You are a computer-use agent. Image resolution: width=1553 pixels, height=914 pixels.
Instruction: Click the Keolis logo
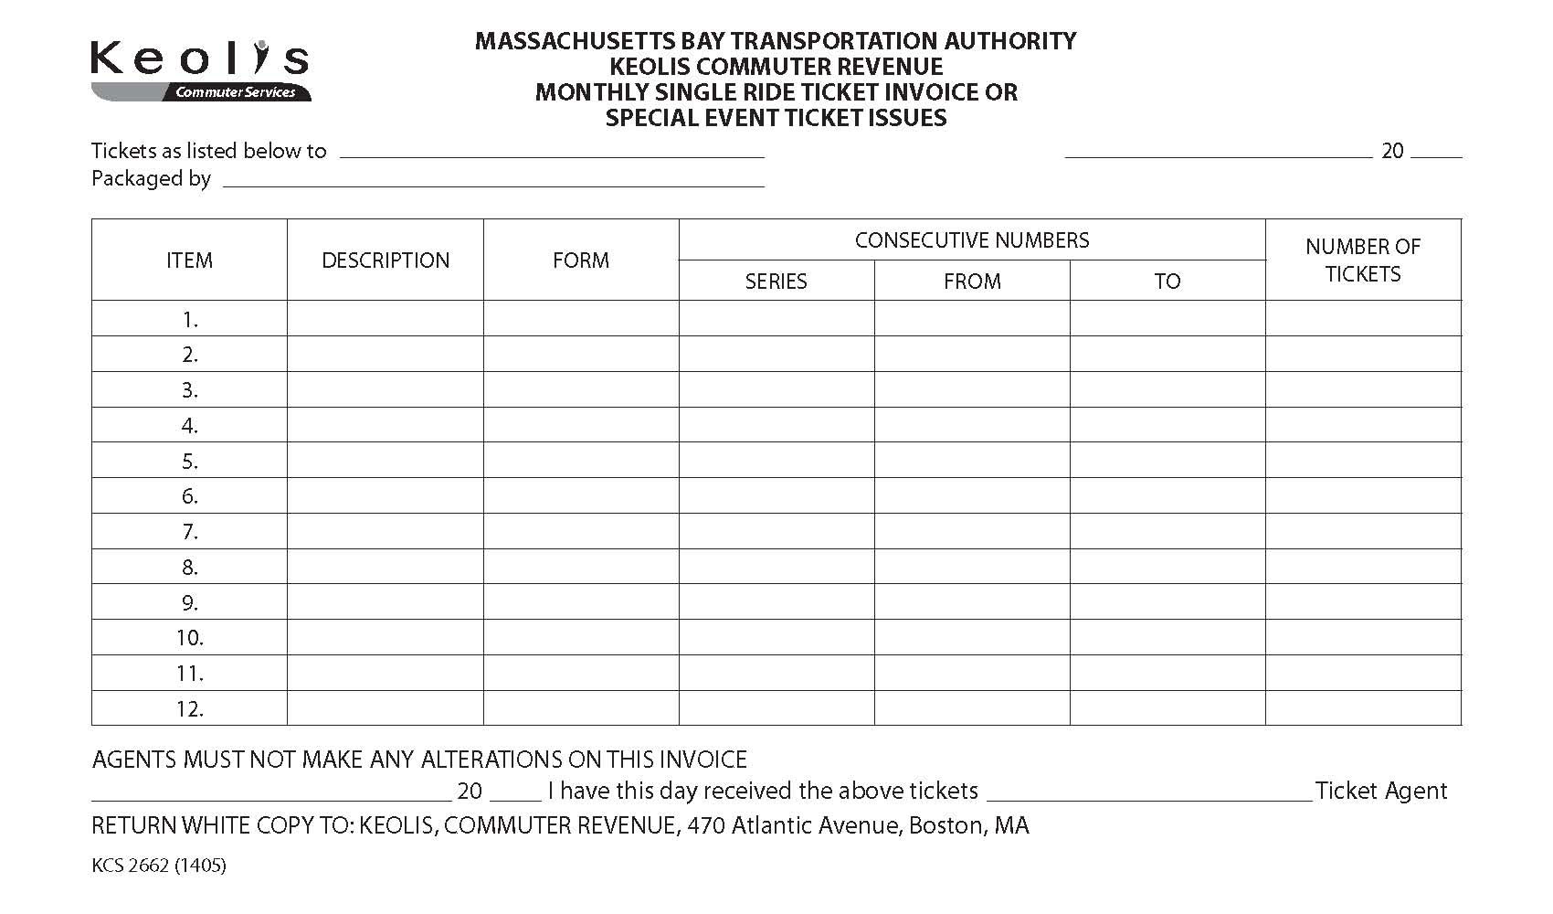(200, 69)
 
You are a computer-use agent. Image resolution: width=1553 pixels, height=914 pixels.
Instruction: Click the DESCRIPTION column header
(386, 260)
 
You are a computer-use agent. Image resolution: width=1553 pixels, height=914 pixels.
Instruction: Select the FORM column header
(581, 260)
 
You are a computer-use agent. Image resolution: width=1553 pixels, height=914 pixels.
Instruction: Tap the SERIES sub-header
(776, 282)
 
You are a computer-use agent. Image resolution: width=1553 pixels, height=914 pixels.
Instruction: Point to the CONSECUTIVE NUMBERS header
(972, 240)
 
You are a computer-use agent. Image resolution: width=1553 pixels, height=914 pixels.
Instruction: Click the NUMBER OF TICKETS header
(1363, 260)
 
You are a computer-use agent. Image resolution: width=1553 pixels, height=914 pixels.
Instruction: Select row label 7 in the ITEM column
(190, 532)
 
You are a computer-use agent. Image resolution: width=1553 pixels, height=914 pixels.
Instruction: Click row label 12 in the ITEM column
(190, 708)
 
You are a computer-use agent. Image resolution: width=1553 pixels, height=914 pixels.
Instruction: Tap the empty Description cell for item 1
(386, 319)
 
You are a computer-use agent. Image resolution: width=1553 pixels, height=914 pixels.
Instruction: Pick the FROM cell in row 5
(972, 461)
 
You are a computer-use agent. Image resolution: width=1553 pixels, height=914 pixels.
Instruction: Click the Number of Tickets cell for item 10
(1363, 637)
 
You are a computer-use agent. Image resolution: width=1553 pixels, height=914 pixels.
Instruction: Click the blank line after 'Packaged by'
(493, 181)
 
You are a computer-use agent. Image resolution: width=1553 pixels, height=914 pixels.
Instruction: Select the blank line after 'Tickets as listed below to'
(552, 153)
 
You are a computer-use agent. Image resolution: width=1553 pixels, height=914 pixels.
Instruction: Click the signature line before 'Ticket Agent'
(1149, 793)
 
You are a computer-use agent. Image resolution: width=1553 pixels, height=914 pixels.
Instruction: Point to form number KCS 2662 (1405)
(159, 865)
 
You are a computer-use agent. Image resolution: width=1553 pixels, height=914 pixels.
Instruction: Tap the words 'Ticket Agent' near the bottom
(1381, 791)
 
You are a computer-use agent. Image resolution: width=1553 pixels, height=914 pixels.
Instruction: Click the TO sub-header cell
(1167, 282)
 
